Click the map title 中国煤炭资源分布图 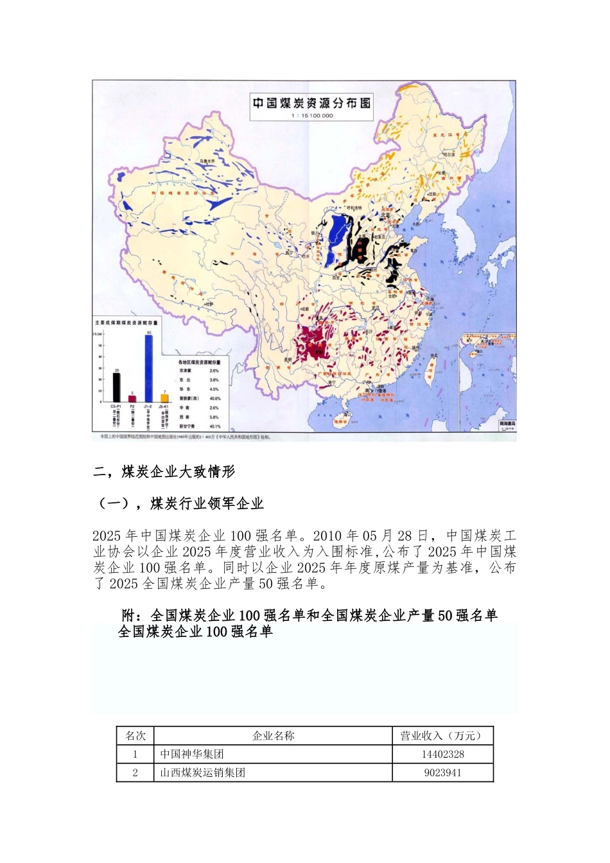[312, 103]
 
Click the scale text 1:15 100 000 [312, 116]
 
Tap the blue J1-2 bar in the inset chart [148, 369]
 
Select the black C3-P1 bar [116, 387]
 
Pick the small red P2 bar [132, 398]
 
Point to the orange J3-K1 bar [164, 397]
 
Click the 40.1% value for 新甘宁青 [214, 426]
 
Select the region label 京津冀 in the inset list [184, 370]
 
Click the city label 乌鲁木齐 [207, 161]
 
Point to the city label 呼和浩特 [354, 208]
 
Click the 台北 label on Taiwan [434, 356]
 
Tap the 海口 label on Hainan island [347, 415]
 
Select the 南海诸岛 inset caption [507, 424]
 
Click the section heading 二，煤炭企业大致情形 [164, 472]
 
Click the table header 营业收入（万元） [442, 736]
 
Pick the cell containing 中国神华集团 [192, 754]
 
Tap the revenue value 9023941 [442, 773]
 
